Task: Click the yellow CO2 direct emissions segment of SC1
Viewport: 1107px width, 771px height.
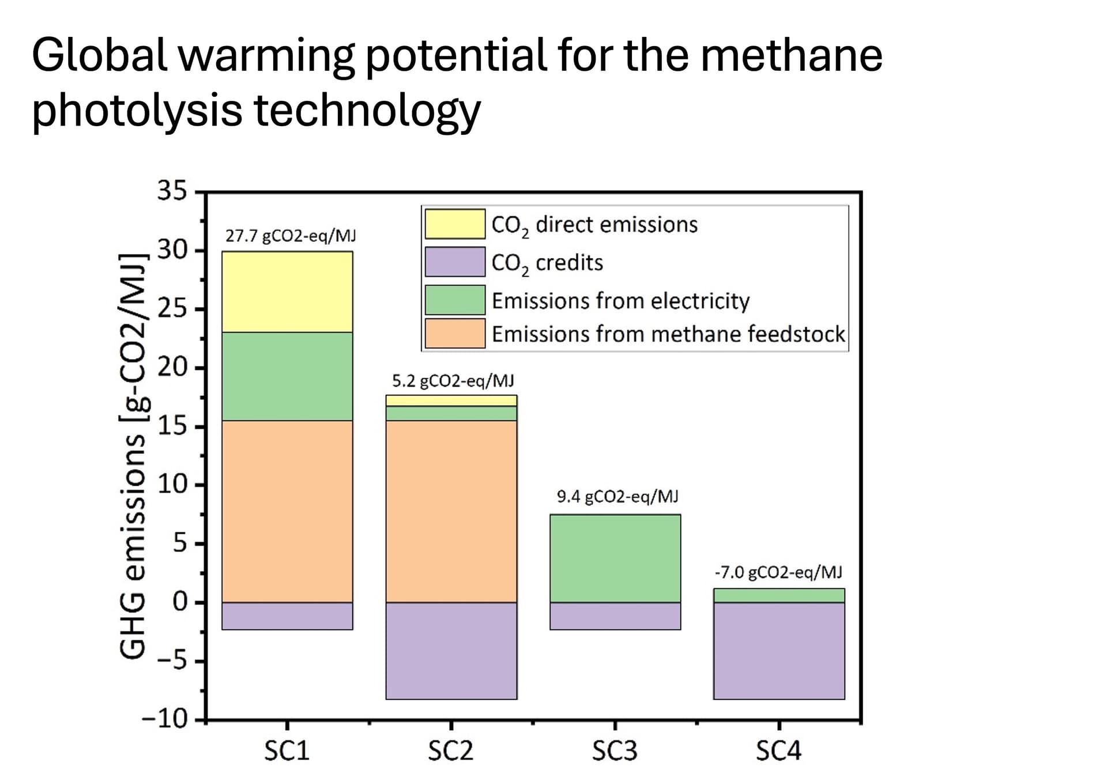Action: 287,292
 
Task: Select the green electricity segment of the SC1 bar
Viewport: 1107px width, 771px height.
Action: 287,376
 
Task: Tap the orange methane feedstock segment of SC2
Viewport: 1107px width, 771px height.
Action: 451,511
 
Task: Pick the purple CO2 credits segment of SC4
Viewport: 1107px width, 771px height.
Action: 778,651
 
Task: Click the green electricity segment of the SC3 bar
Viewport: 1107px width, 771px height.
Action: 615,558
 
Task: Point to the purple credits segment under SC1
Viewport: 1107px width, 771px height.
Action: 287,616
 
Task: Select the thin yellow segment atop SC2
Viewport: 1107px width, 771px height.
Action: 451,400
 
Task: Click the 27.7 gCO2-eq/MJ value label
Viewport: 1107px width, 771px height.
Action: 290,236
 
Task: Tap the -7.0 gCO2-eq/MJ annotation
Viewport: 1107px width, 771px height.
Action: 778,572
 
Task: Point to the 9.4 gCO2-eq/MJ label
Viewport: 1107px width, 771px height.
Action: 617,496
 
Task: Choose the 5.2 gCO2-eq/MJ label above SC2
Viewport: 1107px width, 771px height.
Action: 453,380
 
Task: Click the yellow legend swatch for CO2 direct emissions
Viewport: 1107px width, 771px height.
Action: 454,224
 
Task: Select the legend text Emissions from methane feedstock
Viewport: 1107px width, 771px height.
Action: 668,334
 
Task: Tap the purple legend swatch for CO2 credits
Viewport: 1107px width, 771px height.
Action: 454,262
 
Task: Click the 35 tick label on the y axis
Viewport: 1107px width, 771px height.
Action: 172,190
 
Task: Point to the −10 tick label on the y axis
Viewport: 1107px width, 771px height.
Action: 164,719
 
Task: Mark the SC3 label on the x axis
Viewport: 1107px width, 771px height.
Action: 615,751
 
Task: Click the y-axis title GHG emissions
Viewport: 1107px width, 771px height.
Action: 132,455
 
